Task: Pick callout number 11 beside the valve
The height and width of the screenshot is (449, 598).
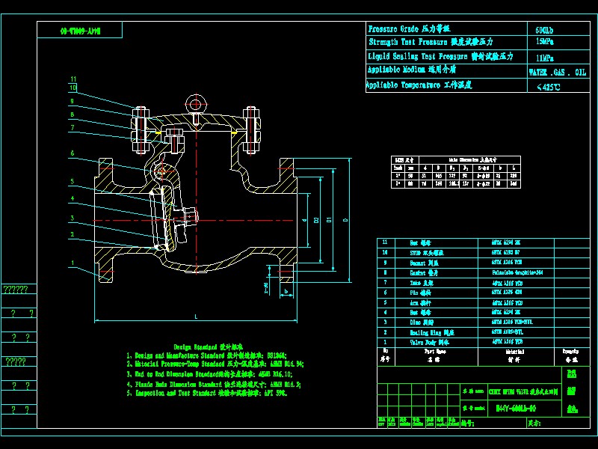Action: (73, 79)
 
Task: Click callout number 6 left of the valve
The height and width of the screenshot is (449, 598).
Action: (73, 153)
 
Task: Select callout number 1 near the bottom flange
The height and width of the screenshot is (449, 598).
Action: (73, 263)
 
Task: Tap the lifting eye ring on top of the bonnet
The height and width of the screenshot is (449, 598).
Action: (196, 104)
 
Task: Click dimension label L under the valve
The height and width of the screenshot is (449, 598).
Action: (196, 317)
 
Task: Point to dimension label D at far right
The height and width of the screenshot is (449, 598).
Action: (345, 221)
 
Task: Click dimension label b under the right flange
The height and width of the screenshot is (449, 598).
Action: (286, 292)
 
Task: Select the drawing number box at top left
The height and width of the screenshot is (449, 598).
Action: (80, 32)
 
